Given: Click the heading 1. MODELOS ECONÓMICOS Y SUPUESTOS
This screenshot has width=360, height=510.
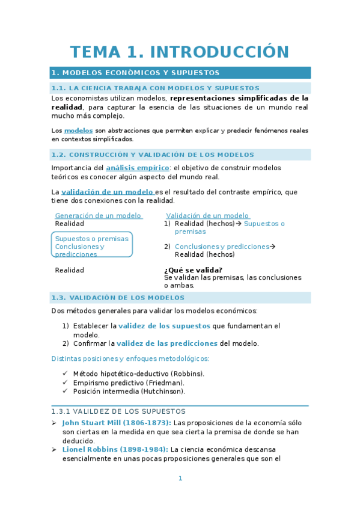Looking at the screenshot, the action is [135, 73].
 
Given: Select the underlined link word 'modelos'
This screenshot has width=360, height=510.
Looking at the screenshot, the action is [78, 131].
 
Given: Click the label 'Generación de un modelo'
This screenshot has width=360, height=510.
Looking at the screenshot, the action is [98, 215].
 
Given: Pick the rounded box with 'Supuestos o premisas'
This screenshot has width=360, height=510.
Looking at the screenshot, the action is [92, 244].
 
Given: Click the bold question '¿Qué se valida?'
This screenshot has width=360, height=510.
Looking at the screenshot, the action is [193, 270].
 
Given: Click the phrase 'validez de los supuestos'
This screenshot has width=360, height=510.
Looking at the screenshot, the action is [164, 326].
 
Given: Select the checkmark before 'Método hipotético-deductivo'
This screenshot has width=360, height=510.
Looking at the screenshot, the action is [66, 373].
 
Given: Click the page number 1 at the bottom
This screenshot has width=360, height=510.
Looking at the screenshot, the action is [180, 478].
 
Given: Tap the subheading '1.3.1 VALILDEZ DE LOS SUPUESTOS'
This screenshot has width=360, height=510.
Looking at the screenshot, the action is [118, 411].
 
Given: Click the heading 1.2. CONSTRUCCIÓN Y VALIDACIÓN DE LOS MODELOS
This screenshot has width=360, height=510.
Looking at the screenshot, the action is [153, 155].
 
